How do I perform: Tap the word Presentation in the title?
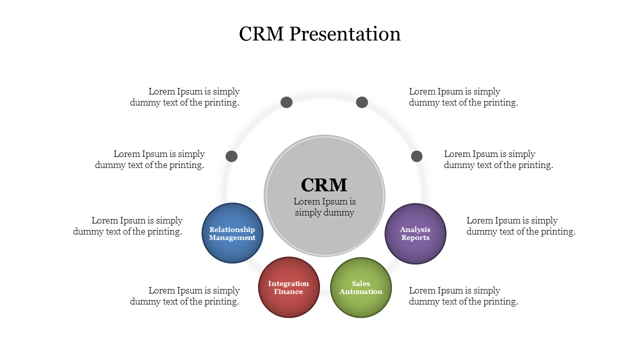pyautogui.click(x=345, y=34)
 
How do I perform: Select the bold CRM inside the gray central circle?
pyautogui.click(x=324, y=185)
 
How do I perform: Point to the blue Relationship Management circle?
pyautogui.click(x=232, y=233)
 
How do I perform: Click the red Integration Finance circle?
pyautogui.click(x=289, y=287)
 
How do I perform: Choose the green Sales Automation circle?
pyautogui.click(x=361, y=287)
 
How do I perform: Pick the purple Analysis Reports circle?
pyautogui.click(x=415, y=233)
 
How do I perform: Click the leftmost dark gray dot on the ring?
pyautogui.click(x=231, y=156)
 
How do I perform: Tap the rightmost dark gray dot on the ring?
pyautogui.click(x=417, y=156)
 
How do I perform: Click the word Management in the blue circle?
pyautogui.click(x=232, y=238)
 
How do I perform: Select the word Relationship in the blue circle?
pyautogui.click(x=232, y=229)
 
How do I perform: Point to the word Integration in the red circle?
pyautogui.click(x=288, y=283)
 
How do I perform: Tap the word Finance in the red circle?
pyautogui.click(x=288, y=292)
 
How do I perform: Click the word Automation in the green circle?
pyautogui.click(x=361, y=292)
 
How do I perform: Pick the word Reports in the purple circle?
pyautogui.click(x=415, y=238)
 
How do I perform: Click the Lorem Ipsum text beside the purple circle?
pyautogui.click(x=520, y=226)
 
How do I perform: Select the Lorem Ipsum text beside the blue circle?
pyautogui.click(x=128, y=226)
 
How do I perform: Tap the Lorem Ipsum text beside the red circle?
pyautogui.click(x=185, y=296)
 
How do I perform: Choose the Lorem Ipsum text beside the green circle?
pyautogui.click(x=463, y=296)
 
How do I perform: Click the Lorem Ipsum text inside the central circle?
pyautogui.click(x=324, y=207)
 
